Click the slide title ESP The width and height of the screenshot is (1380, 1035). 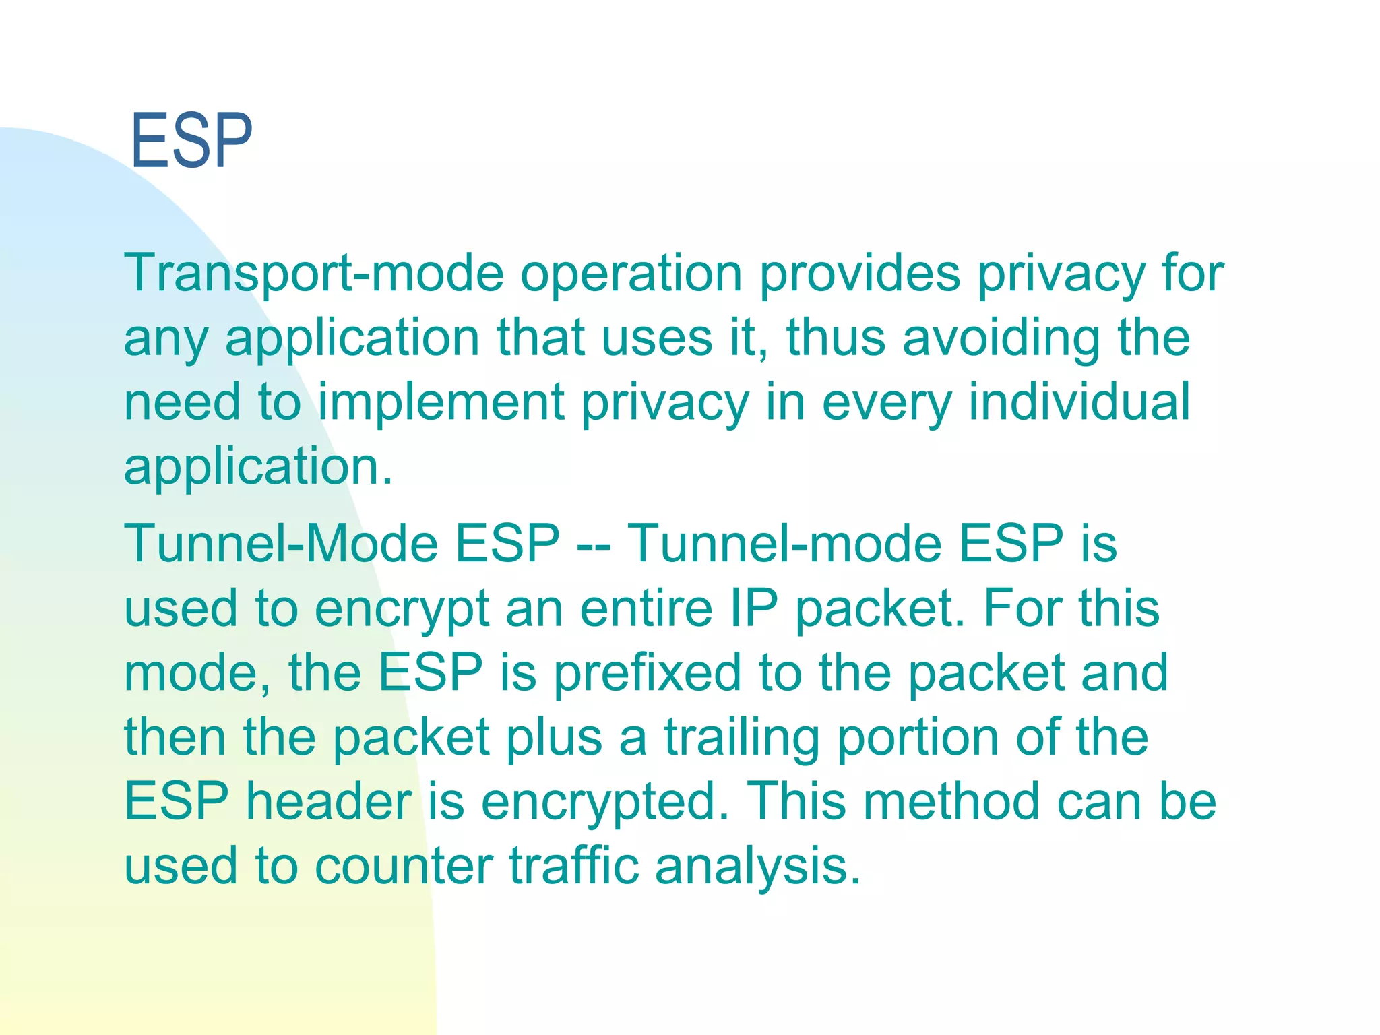pyautogui.click(x=191, y=142)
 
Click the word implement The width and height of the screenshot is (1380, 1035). pyautogui.click(x=441, y=402)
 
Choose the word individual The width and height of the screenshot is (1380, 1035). pyautogui.click(x=1079, y=402)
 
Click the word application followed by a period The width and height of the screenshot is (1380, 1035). pyautogui.click(x=257, y=466)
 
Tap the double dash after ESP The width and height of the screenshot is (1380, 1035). pyautogui.click(x=594, y=544)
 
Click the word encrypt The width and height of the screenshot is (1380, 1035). pyautogui.click(x=402, y=608)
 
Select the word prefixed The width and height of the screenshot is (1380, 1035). pyautogui.click(x=647, y=672)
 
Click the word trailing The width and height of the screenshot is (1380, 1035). pyautogui.click(x=742, y=737)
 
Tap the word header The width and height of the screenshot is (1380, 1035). pyautogui.click(x=329, y=801)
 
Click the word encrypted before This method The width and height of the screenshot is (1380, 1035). pyautogui.click(x=604, y=801)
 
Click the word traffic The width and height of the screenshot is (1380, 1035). pyautogui.click(x=573, y=866)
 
